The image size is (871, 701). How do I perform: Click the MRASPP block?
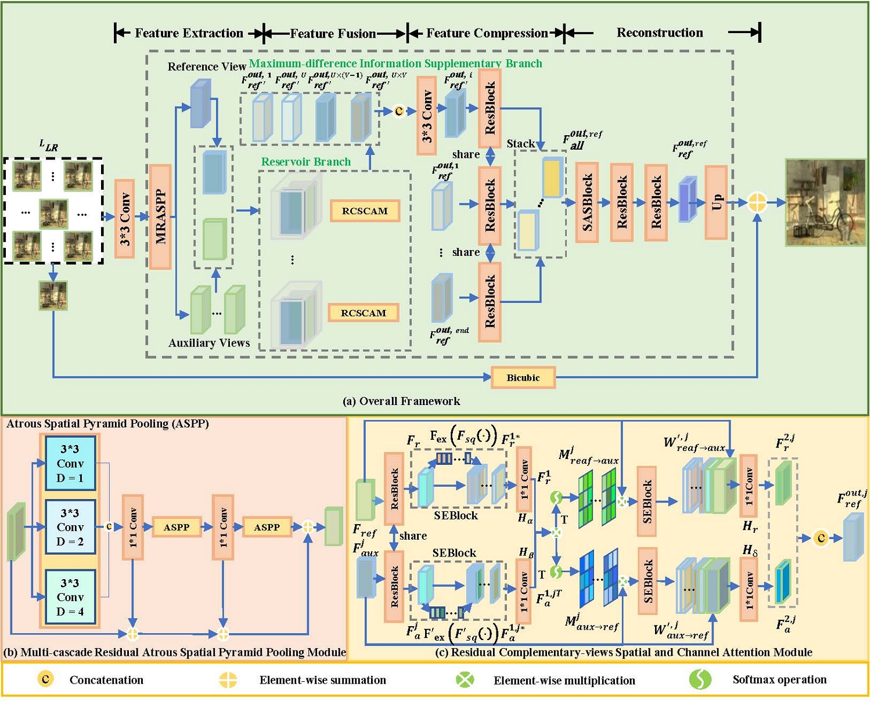pyautogui.click(x=160, y=216)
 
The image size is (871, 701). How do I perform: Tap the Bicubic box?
pyautogui.click(x=523, y=378)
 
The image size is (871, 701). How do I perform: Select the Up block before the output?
pyautogui.click(x=716, y=202)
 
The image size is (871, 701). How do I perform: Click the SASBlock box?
pyautogui.click(x=587, y=202)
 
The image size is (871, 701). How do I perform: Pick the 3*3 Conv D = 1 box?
pyautogui.click(x=70, y=463)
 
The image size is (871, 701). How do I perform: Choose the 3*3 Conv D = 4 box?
pyautogui.click(x=70, y=597)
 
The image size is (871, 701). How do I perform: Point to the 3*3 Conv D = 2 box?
pyautogui.click(x=70, y=527)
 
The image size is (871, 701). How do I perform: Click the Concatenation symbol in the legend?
pyautogui.click(x=45, y=679)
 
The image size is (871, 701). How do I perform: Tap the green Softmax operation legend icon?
pyautogui.click(x=700, y=679)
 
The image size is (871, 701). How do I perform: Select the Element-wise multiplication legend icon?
pyautogui.click(x=465, y=680)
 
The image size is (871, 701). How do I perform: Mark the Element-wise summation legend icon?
pyautogui.click(x=228, y=680)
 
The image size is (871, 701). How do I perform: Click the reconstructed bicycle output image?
pyautogui.click(x=825, y=202)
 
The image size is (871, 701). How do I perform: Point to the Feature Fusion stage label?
pyautogui.click(x=333, y=33)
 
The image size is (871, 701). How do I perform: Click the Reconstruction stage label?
pyautogui.click(x=660, y=32)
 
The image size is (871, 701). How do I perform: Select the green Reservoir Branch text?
pyautogui.click(x=305, y=162)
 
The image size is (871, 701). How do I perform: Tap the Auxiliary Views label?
pyautogui.click(x=209, y=343)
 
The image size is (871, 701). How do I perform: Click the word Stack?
pyautogui.click(x=520, y=143)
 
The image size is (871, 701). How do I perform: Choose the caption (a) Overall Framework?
pyautogui.click(x=401, y=401)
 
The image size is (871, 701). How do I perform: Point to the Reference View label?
pyautogui.click(x=207, y=67)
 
